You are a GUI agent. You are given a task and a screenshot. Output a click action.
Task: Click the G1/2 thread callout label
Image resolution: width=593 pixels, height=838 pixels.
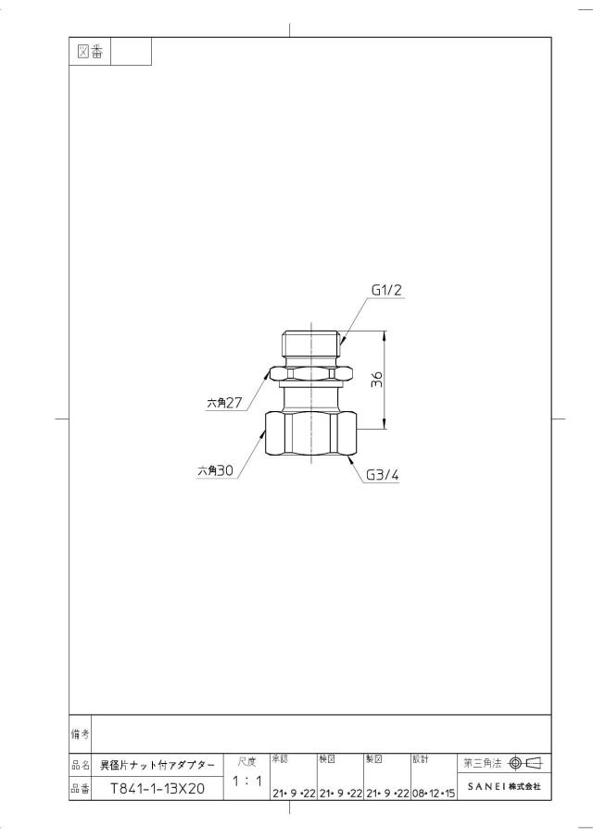coord(386,290)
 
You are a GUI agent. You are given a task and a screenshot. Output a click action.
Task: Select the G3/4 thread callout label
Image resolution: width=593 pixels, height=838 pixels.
coord(383,475)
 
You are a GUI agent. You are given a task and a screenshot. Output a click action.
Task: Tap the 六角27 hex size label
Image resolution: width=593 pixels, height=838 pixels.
coord(224,403)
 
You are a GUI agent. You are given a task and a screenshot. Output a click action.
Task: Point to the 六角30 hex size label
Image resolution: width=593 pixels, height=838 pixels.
coord(216,470)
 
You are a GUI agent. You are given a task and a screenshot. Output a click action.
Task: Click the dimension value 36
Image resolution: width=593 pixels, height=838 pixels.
coord(377,380)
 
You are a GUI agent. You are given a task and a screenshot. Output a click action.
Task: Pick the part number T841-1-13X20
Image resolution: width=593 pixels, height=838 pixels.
coord(158,788)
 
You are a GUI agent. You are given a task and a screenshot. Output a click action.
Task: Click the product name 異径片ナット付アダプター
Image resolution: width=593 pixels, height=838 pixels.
coord(158,766)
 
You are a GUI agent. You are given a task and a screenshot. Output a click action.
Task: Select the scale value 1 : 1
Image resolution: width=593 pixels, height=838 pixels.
coord(247,781)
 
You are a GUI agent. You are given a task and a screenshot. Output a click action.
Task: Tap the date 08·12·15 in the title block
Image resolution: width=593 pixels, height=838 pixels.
coord(434,794)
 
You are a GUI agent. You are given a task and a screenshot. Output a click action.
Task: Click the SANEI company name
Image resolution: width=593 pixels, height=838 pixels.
coord(504,787)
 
